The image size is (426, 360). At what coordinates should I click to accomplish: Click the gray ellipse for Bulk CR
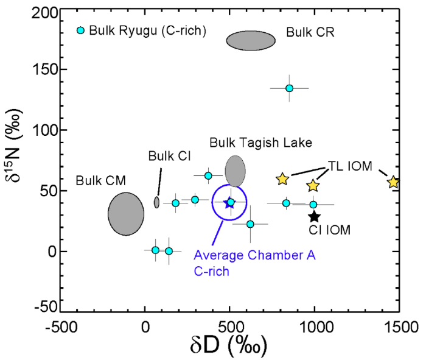click(x=251, y=41)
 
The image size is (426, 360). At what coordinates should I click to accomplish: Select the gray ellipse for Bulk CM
click(x=126, y=214)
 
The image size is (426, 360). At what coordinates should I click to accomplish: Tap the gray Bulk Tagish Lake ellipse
click(x=236, y=171)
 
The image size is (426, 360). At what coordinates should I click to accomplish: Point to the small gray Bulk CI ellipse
click(x=156, y=202)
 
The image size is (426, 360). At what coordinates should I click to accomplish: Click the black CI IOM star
click(x=315, y=217)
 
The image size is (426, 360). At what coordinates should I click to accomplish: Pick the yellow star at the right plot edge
click(x=393, y=182)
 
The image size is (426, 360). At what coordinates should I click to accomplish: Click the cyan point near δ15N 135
click(x=289, y=88)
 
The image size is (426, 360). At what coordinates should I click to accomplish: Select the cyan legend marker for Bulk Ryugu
click(x=80, y=30)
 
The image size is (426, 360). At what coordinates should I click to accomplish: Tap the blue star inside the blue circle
click(x=229, y=203)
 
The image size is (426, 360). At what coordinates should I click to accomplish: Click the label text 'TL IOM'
click(x=350, y=166)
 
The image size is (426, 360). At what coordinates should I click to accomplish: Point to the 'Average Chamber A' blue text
click(x=254, y=255)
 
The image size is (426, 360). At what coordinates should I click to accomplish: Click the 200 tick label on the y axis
click(x=45, y=13)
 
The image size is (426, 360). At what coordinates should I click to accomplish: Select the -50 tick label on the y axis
click(x=46, y=307)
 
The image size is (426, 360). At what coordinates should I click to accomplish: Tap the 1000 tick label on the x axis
click(x=316, y=327)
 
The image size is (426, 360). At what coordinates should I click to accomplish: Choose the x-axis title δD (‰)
click(x=228, y=346)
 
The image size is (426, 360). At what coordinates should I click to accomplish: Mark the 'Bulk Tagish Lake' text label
click(x=261, y=143)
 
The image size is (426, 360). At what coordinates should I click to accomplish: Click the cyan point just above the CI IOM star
click(x=313, y=205)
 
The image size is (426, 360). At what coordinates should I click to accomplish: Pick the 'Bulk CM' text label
click(x=101, y=180)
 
